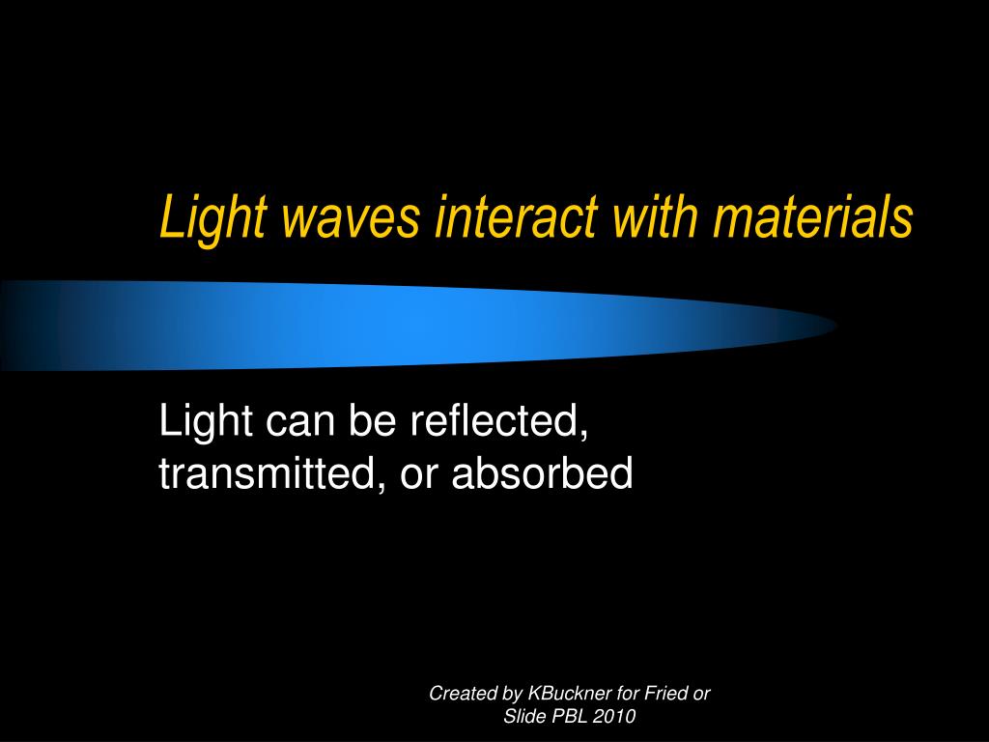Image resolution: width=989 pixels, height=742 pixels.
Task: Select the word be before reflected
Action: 373,423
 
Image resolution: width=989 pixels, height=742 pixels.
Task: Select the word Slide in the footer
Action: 523,717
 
